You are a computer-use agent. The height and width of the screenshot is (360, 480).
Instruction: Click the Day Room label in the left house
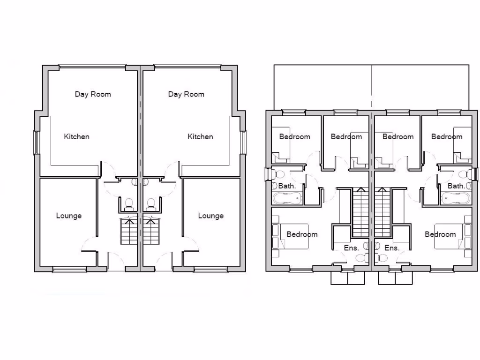pos(93,94)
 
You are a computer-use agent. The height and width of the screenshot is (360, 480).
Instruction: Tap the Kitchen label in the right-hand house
pos(200,137)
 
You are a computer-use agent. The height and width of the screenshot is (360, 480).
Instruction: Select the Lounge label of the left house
pos(69,216)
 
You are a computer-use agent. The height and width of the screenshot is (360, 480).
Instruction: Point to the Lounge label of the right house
pos(210,216)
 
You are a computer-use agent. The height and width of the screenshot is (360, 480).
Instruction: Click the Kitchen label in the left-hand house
pos(76,137)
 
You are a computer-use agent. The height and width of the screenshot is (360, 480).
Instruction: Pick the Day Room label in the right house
pos(186,94)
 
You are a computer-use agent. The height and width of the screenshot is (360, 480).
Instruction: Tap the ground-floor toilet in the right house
pos(151,204)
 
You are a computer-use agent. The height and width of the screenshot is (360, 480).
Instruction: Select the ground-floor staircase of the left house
pos(128,231)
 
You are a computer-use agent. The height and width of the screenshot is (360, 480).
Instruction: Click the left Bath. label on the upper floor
pos(287,186)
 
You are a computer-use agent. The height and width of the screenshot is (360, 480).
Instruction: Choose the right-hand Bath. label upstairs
pos(456,186)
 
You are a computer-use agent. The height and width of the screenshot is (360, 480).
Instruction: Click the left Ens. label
pos(351,248)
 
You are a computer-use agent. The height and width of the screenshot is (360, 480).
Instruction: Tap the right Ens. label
pos(391,248)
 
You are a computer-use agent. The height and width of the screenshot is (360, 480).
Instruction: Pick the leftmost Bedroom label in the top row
pos(294,137)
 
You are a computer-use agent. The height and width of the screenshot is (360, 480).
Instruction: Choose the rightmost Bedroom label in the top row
pos(447,137)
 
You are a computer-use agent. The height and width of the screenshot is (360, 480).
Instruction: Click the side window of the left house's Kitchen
pos(35,142)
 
